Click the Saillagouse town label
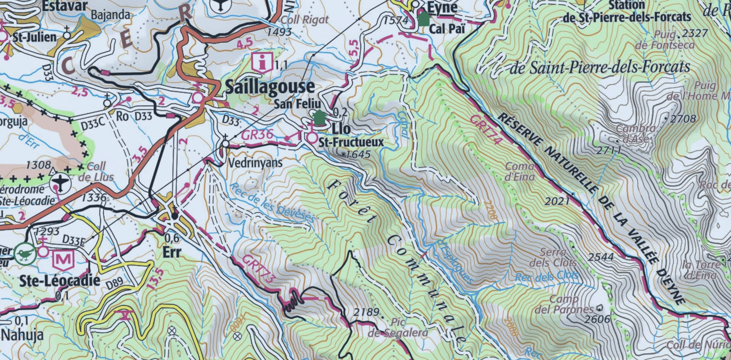click(269, 87)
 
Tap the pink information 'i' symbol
click(263, 63)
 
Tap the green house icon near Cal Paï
click(423, 19)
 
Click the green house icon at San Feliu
click(319, 117)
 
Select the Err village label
click(173, 252)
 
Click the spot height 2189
click(365, 312)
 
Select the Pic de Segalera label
click(398, 327)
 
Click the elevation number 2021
click(558, 201)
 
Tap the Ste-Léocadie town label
click(60, 281)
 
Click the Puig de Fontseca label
click(665, 39)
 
